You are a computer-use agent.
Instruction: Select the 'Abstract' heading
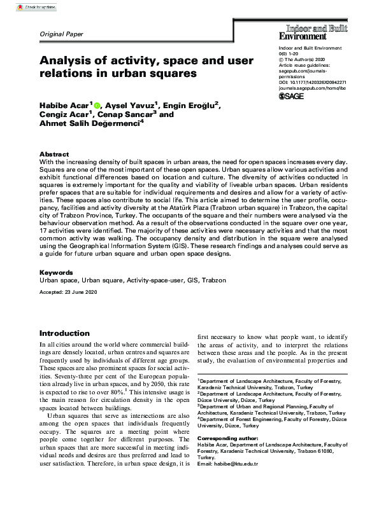click(54, 155)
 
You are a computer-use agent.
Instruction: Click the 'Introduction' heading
click(64, 333)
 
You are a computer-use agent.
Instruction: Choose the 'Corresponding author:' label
click(228, 439)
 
